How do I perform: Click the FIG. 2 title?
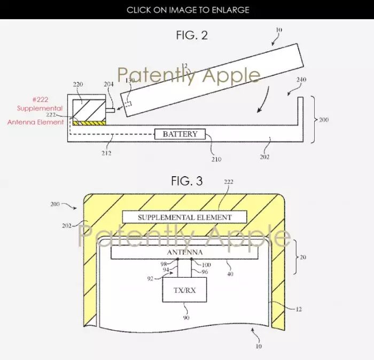(x=192, y=35)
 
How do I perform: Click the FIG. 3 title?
(x=187, y=181)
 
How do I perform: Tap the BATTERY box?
(x=180, y=134)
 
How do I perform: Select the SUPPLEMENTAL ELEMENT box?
(x=185, y=217)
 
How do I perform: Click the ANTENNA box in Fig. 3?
(x=185, y=253)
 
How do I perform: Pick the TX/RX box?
(x=185, y=289)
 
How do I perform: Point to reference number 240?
(x=301, y=80)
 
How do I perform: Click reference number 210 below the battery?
(x=216, y=159)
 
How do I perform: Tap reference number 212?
(x=106, y=153)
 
